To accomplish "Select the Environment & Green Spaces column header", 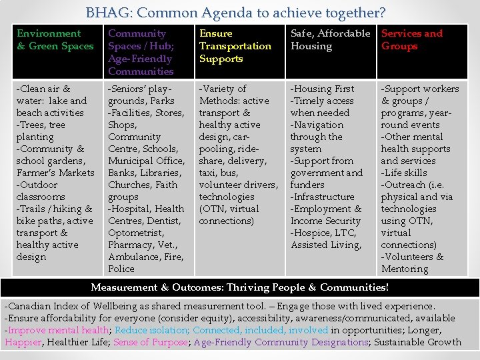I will tap(55, 40).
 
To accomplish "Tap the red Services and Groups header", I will tap(411, 40).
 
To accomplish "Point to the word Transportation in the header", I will tap(235, 46).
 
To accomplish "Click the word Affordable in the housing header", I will tap(344, 33).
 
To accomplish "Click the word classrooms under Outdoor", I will tap(41, 197).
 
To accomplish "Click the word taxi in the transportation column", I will tap(210, 173).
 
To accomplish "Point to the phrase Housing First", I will tap(325, 89).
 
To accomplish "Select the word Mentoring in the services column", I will tap(405, 269).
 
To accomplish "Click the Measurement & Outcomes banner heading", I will tap(239, 287).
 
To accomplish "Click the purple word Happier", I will tap(23, 342).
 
